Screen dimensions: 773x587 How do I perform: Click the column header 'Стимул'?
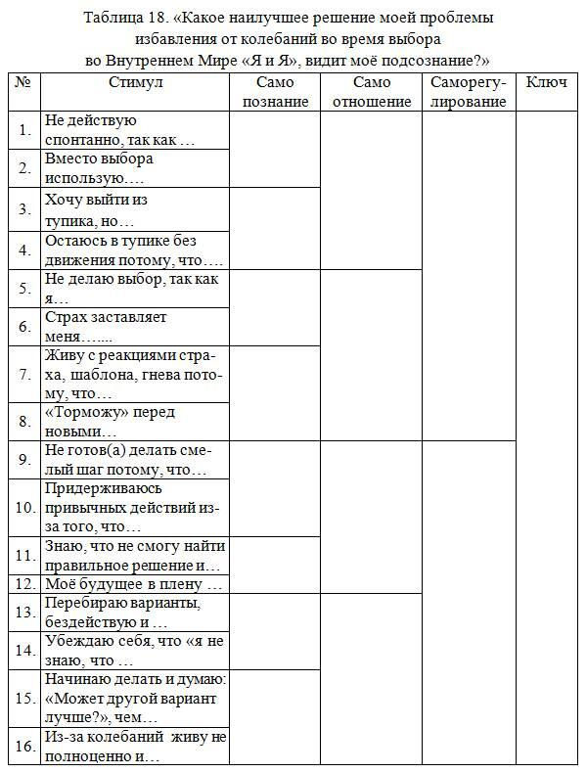[x=135, y=82]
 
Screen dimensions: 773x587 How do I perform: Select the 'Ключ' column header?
[x=546, y=82]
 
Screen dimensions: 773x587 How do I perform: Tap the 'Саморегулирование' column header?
[x=468, y=92]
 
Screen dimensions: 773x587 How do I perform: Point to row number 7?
[x=24, y=374]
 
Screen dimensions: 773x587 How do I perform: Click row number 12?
[x=24, y=584]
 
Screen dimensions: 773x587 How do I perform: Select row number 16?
[x=24, y=747]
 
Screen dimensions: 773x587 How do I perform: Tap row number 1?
[x=24, y=130]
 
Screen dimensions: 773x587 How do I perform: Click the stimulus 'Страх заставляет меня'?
[x=106, y=327]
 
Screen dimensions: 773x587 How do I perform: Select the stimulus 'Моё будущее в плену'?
[x=133, y=584]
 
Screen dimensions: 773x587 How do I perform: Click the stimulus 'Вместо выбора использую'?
[x=99, y=167]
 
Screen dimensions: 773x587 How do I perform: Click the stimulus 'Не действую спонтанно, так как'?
[x=119, y=130]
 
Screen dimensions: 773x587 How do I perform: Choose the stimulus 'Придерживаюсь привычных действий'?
[x=131, y=507]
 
